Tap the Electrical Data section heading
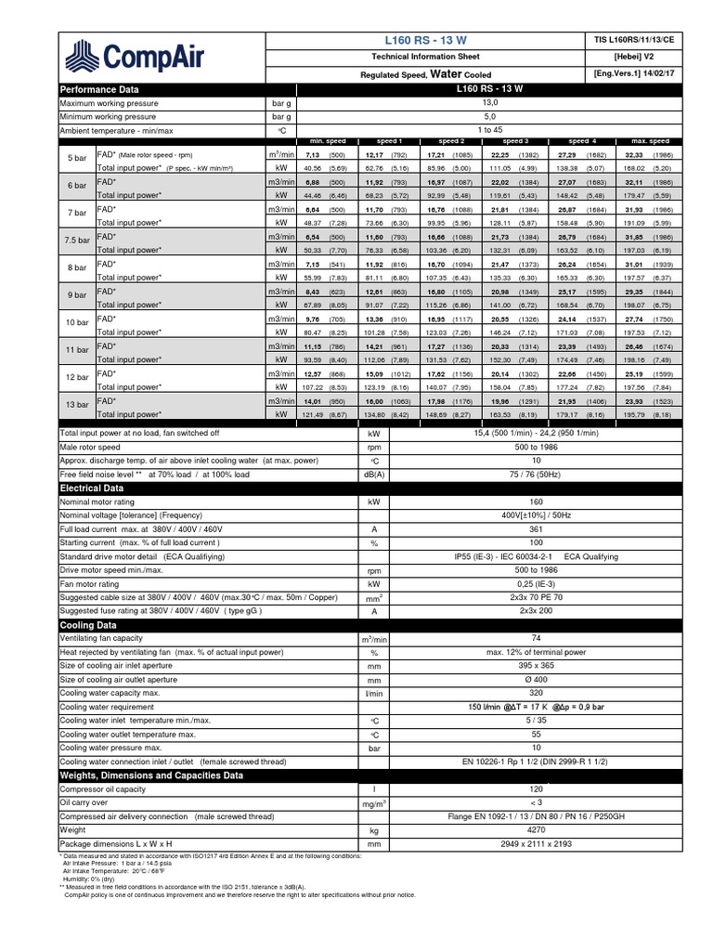click(92, 488)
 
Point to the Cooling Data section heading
click(87, 626)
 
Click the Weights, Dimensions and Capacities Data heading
click(151, 775)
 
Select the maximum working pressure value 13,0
click(489, 103)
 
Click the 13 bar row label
click(77, 406)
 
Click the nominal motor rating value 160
click(489, 502)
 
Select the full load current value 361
click(489, 528)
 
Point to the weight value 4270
click(489, 829)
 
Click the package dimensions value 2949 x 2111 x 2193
click(489, 843)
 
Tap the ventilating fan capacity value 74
click(489, 640)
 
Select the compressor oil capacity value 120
click(489, 788)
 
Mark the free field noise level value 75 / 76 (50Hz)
click(489, 474)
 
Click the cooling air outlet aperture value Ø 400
click(489, 680)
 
